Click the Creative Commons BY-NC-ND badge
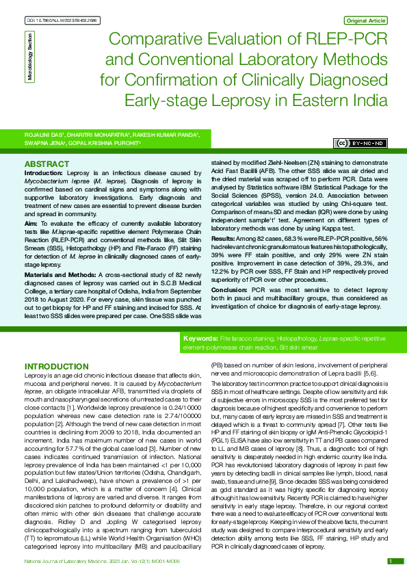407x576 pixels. tap(360, 143)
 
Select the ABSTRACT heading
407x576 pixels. tap(46, 165)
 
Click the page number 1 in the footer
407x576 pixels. tap(390, 561)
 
